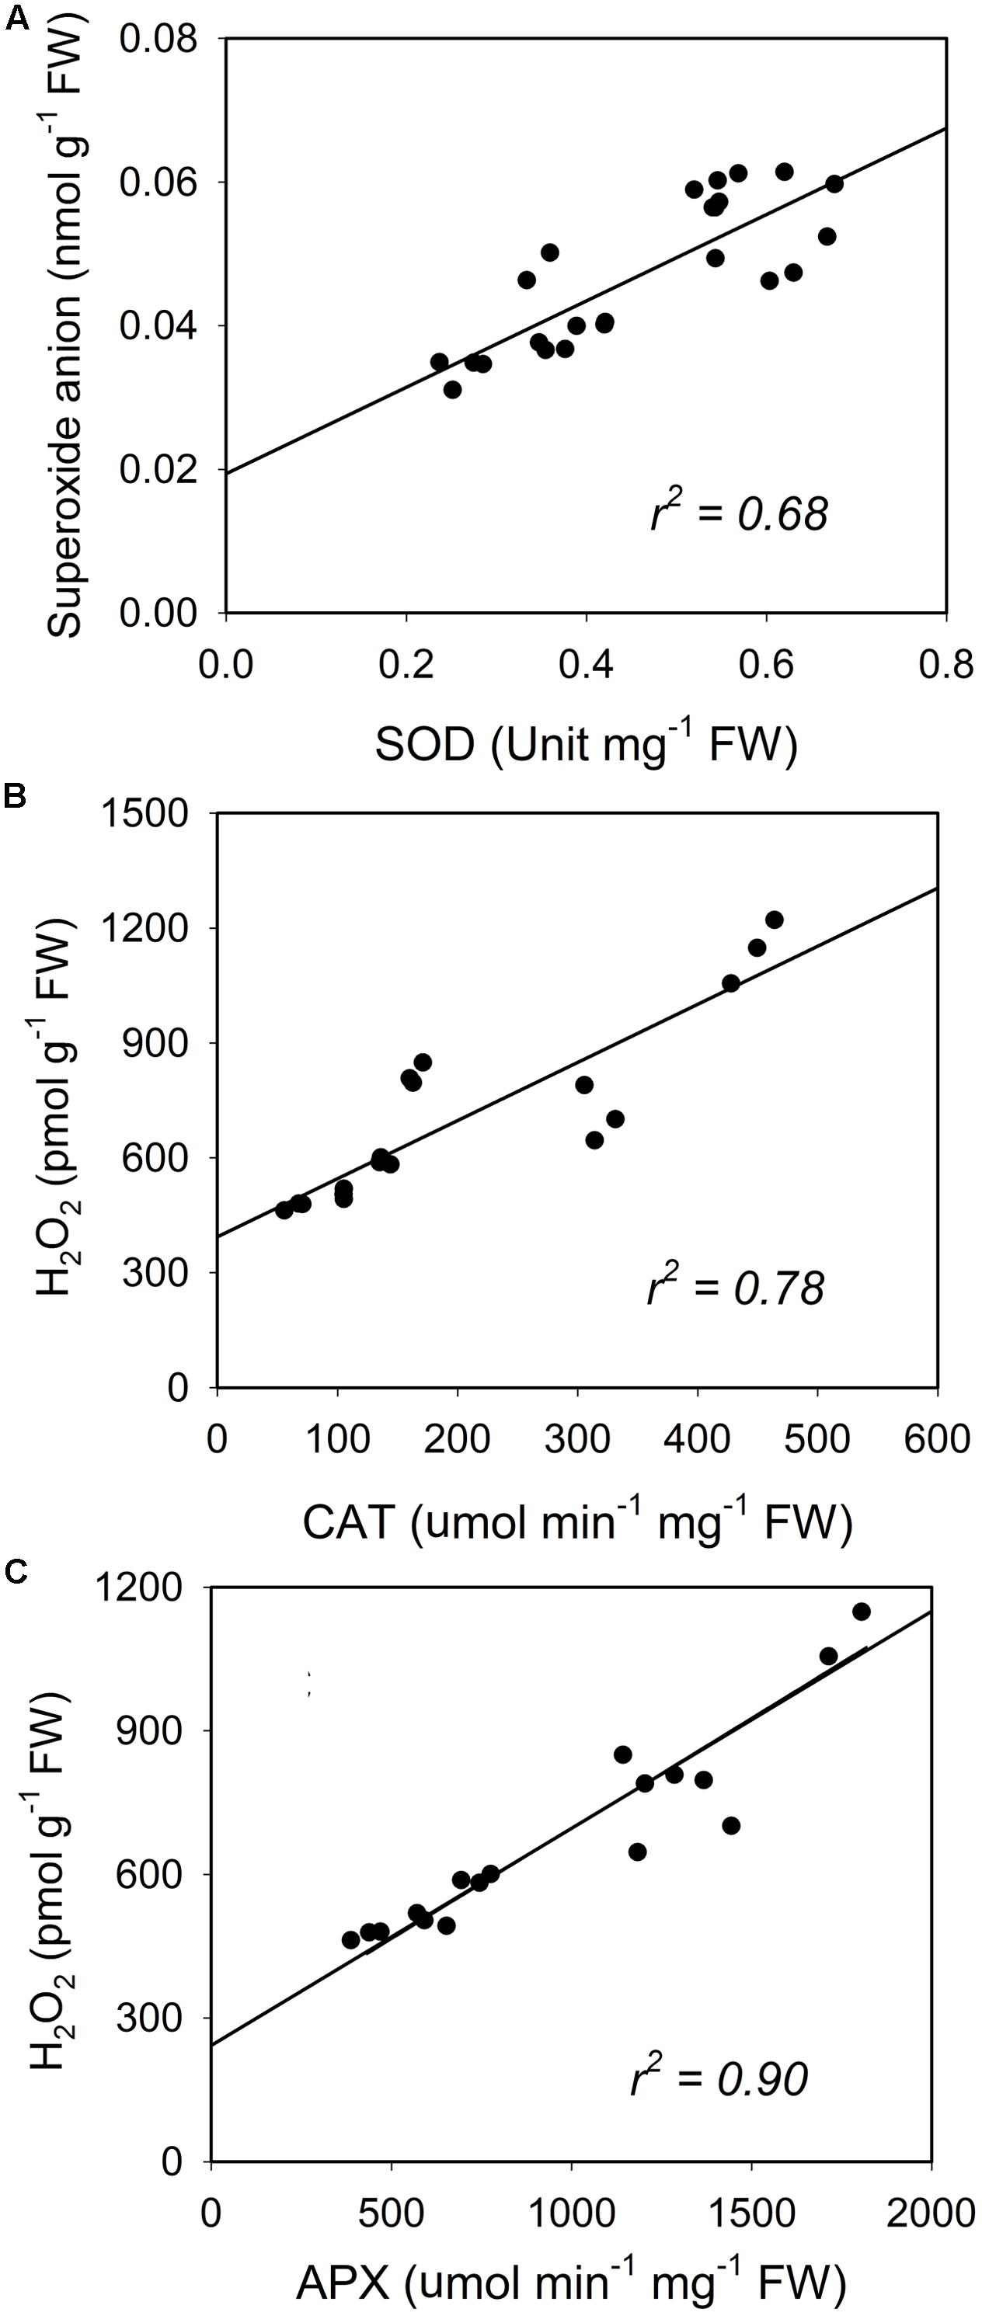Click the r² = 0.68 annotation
point(738,513)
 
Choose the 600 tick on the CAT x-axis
point(937,1439)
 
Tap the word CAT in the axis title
point(349,1521)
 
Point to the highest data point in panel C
point(862,1611)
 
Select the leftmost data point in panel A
point(439,361)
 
